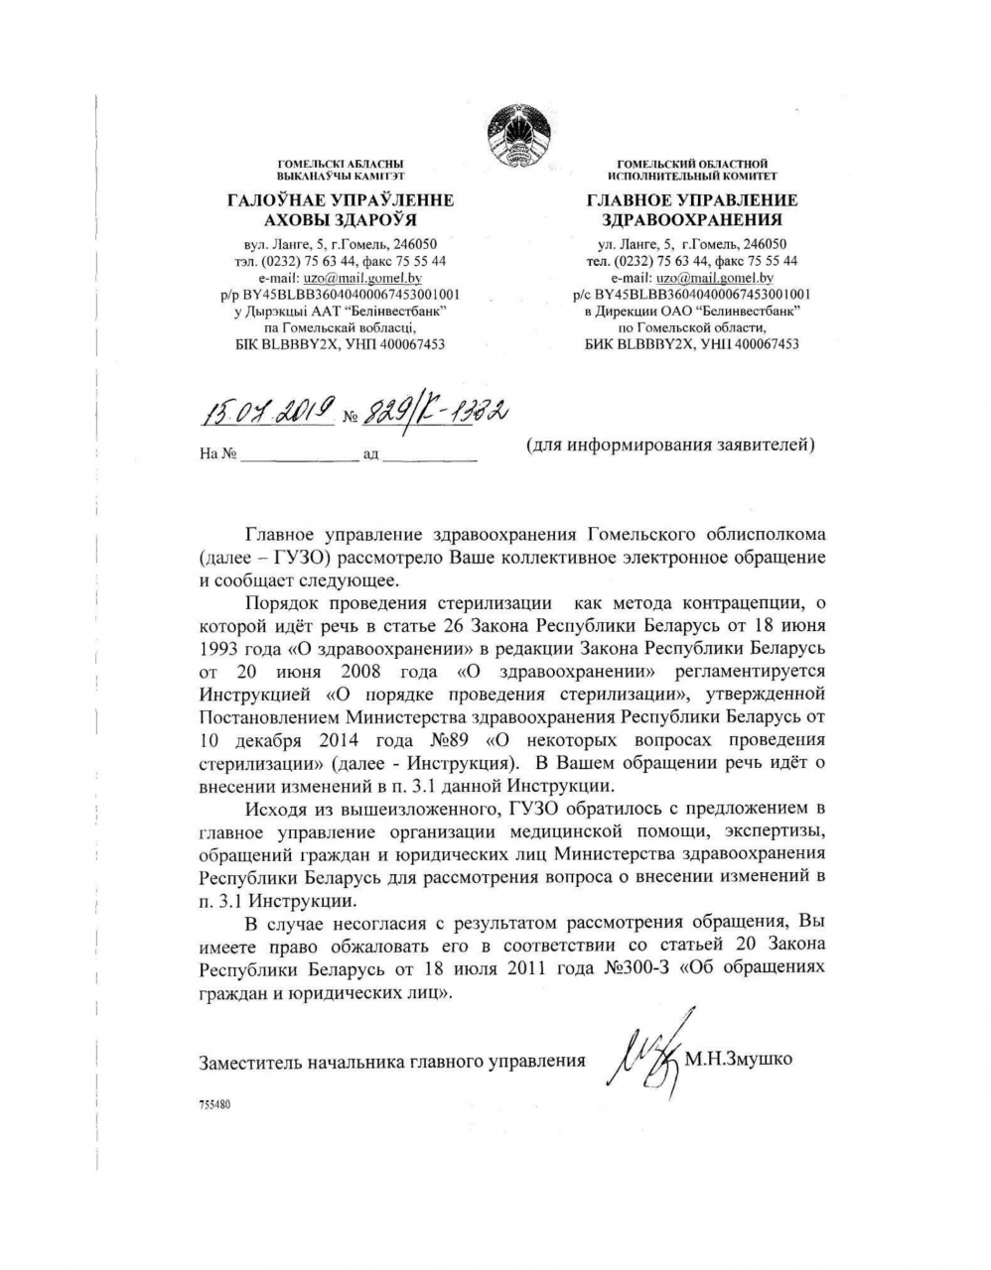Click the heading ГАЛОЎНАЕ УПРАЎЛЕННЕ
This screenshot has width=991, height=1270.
pos(341,200)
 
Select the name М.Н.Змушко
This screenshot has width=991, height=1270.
pos(739,1060)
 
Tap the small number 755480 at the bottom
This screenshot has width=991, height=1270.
pos(214,1102)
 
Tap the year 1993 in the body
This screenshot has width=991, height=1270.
pos(220,648)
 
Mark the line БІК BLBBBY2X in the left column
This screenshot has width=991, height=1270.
pos(340,344)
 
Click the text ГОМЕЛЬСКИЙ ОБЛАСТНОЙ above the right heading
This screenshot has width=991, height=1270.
pos(692,163)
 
